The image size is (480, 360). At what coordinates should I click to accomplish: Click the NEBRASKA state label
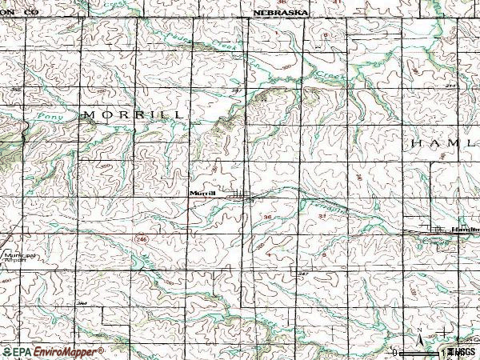[281, 14]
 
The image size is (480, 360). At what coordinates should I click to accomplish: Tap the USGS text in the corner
[462, 351]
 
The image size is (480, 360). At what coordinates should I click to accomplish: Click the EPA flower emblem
[6, 351]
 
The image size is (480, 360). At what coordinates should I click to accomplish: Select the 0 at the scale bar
[396, 351]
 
